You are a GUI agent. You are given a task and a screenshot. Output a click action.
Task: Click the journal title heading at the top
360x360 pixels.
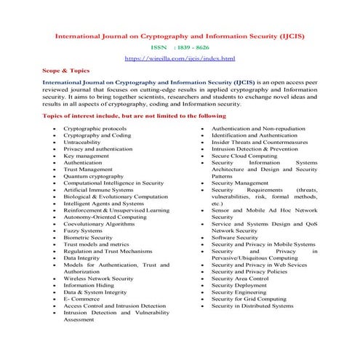pos(180,35)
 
